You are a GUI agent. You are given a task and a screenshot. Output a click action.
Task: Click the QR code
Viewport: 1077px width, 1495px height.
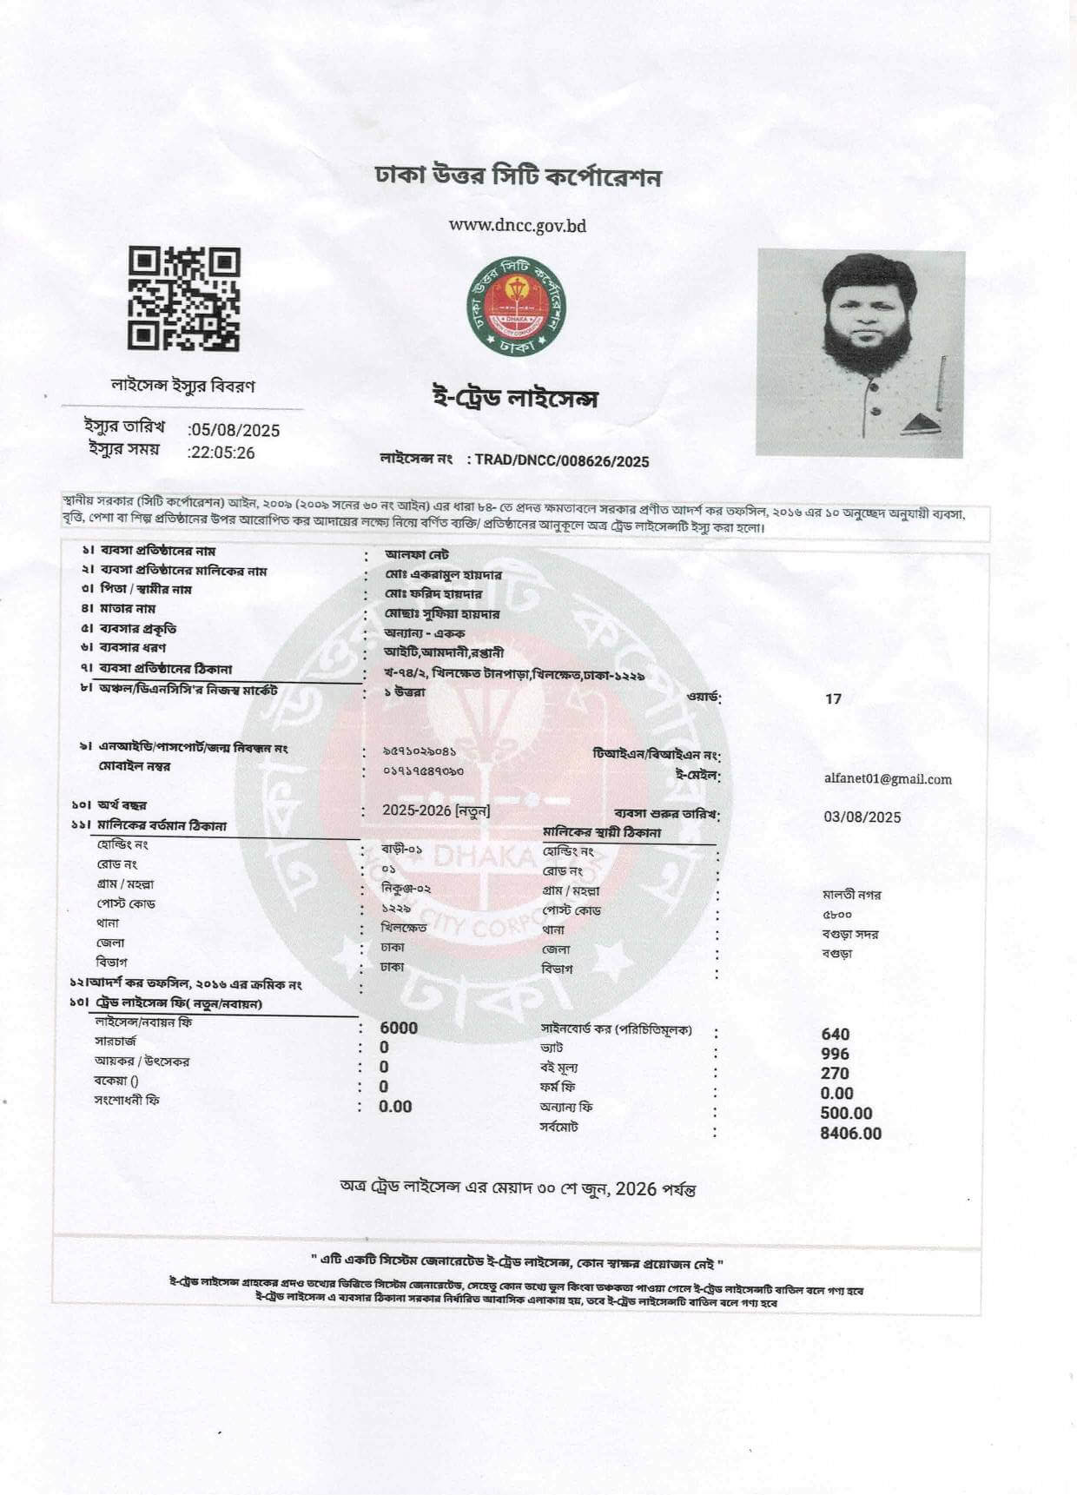(184, 298)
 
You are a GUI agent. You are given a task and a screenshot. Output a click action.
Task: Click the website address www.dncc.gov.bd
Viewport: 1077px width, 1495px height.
(517, 226)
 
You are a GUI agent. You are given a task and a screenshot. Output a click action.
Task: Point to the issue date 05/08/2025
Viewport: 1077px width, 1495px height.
(235, 430)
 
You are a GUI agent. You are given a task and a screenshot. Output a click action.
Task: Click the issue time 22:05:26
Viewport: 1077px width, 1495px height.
(223, 453)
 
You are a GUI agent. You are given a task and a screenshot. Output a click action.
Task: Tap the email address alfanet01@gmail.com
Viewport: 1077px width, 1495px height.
(887, 779)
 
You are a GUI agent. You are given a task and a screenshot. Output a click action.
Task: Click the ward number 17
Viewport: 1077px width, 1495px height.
(833, 698)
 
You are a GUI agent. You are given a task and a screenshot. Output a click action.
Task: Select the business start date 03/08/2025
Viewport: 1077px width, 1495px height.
(862, 817)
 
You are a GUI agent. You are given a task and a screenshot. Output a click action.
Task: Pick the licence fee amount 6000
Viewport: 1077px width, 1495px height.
(399, 1028)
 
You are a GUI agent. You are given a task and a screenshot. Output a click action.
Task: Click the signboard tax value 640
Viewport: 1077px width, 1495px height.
(835, 1034)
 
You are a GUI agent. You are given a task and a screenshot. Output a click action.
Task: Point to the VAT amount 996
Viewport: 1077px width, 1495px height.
(835, 1054)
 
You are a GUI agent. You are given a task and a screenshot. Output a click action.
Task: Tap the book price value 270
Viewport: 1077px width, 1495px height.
(835, 1074)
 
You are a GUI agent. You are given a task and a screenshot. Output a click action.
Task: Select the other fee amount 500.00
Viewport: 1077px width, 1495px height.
(846, 1114)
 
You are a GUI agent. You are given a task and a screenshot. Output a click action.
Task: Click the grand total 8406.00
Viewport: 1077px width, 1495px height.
(850, 1134)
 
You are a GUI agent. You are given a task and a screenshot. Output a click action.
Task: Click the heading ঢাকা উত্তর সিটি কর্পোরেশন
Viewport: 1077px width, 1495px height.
(518, 176)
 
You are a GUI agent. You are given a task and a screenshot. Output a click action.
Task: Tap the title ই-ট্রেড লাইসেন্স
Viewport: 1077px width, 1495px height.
(515, 400)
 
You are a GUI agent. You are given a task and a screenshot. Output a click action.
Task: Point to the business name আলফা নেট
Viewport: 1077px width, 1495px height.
(417, 553)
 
